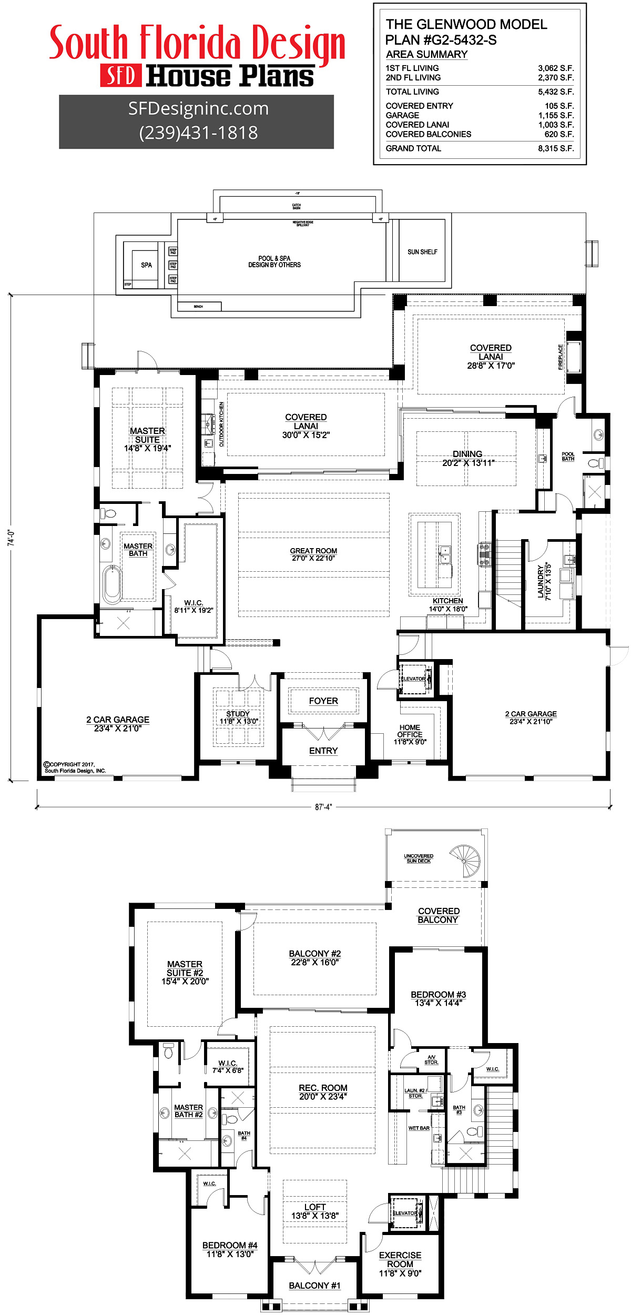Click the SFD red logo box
click(x=121, y=76)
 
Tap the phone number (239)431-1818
click(x=198, y=133)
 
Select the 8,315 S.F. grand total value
click(x=555, y=148)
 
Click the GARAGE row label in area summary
click(x=402, y=115)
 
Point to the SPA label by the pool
click(x=146, y=265)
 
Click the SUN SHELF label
click(x=422, y=252)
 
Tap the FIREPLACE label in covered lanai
click(x=561, y=357)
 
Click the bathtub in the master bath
click(x=112, y=584)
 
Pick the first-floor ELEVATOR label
click(x=413, y=679)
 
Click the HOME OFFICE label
click(x=410, y=731)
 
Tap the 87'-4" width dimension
click(x=323, y=807)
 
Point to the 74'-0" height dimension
click(x=12, y=538)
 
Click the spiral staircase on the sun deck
click(x=465, y=861)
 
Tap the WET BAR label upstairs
click(x=419, y=1128)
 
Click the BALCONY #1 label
click(x=314, y=1286)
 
